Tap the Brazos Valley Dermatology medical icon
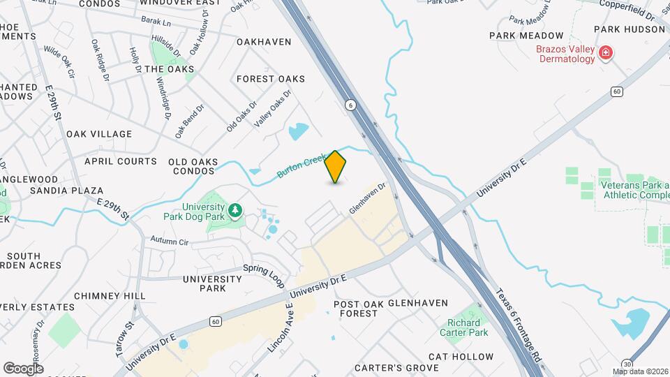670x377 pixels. click(606, 52)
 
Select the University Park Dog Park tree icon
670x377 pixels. click(236, 210)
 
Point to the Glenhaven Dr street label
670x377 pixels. click(367, 199)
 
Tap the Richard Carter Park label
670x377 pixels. click(464, 327)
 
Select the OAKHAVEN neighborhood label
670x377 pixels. click(264, 42)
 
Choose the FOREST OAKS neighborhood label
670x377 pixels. click(271, 79)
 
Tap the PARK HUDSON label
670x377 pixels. click(630, 29)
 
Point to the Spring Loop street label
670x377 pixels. click(265, 275)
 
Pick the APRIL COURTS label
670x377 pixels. click(121, 161)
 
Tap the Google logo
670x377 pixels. click(23, 368)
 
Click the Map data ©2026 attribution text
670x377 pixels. click(640, 371)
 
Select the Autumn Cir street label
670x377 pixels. click(170, 242)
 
